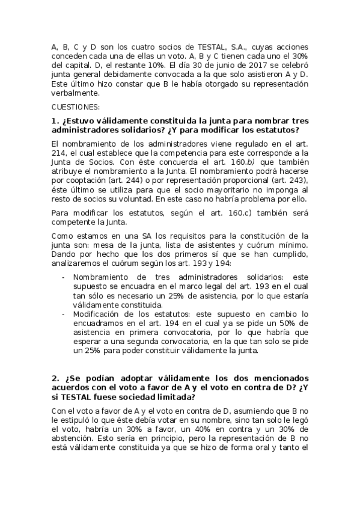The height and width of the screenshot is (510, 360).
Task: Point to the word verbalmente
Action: pyautogui.click(x=75, y=94)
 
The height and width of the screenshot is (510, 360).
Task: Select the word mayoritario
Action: pyautogui.click(x=228, y=189)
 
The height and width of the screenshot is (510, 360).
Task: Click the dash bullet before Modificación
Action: pyautogui.click(x=64, y=313)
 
